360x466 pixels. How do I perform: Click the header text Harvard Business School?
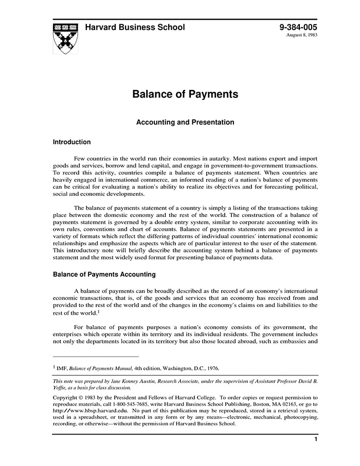coord(135,27)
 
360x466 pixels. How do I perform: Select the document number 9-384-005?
coord(298,27)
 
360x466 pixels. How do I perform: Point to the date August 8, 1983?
coord(302,36)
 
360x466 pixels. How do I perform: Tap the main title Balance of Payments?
coord(185,95)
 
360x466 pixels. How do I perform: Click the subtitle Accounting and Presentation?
coord(185,122)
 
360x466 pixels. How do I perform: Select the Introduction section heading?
coord(72,142)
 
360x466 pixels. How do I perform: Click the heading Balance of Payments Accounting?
coord(104,275)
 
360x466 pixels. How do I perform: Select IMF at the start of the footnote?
coord(62,368)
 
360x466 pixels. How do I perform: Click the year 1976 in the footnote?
coord(211,368)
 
